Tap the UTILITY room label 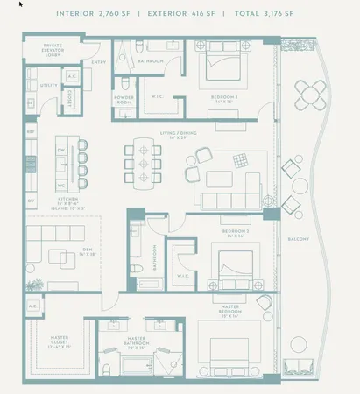pyautogui.click(x=49, y=86)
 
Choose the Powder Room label pyautogui.click(x=124, y=99)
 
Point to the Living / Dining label pyautogui.click(x=173, y=134)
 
